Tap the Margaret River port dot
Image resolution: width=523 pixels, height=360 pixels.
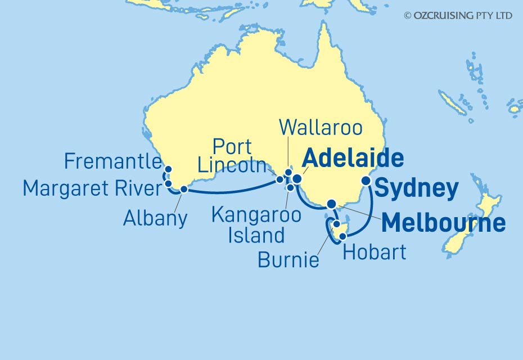pyautogui.click(x=168, y=183)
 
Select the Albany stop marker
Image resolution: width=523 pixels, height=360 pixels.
pyautogui.click(x=183, y=188)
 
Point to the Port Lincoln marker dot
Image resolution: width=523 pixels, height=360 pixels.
pyautogui.click(x=279, y=180)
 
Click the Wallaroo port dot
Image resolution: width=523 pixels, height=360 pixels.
pyautogui.click(x=288, y=173)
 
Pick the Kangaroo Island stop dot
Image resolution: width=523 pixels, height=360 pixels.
pyautogui.click(x=290, y=187)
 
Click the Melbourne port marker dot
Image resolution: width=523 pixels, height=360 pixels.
pyautogui.click(x=332, y=204)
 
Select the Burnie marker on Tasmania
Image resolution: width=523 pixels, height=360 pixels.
pyautogui.click(x=336, y=224)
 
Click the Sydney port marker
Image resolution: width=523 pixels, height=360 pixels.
pyautogui.click(x=366, y=181)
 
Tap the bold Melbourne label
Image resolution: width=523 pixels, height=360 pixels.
pyautogui.click(x=443, y=223)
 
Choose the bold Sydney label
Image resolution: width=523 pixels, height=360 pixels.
pyautogui.click(x=416, y=189)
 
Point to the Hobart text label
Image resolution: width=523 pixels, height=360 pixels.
pyautogui.click(x=374, y=252)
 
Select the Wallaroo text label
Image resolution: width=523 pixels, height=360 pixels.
pyautogui.click(x=321, y=128)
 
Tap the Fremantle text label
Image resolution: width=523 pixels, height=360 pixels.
pyautogui.click(x=112, y=162)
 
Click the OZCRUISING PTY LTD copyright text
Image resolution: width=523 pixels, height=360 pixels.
pyautogui.click(x=458, y=16)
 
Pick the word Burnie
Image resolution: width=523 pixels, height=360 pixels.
pyautogui.click(x=288, y=260)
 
